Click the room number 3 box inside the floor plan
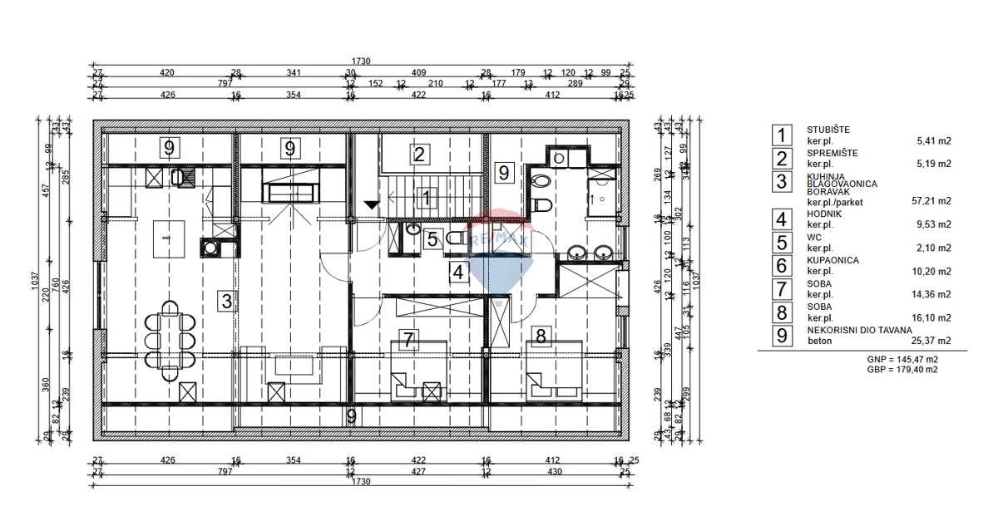click(x=226, y=301)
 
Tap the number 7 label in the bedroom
click(x=408, y=339)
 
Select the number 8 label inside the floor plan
click(x=541, y=336)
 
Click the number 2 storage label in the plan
click(x=419, y=154)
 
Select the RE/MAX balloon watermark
click(x=498, y=253)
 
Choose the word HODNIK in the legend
click(x=824, y=214)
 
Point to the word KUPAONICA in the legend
click(x=832, y=260)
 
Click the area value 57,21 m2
click(x=931, y=201)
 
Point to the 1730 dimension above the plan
click(x=360, y=61)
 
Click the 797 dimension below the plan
click(x=225, y=471)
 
